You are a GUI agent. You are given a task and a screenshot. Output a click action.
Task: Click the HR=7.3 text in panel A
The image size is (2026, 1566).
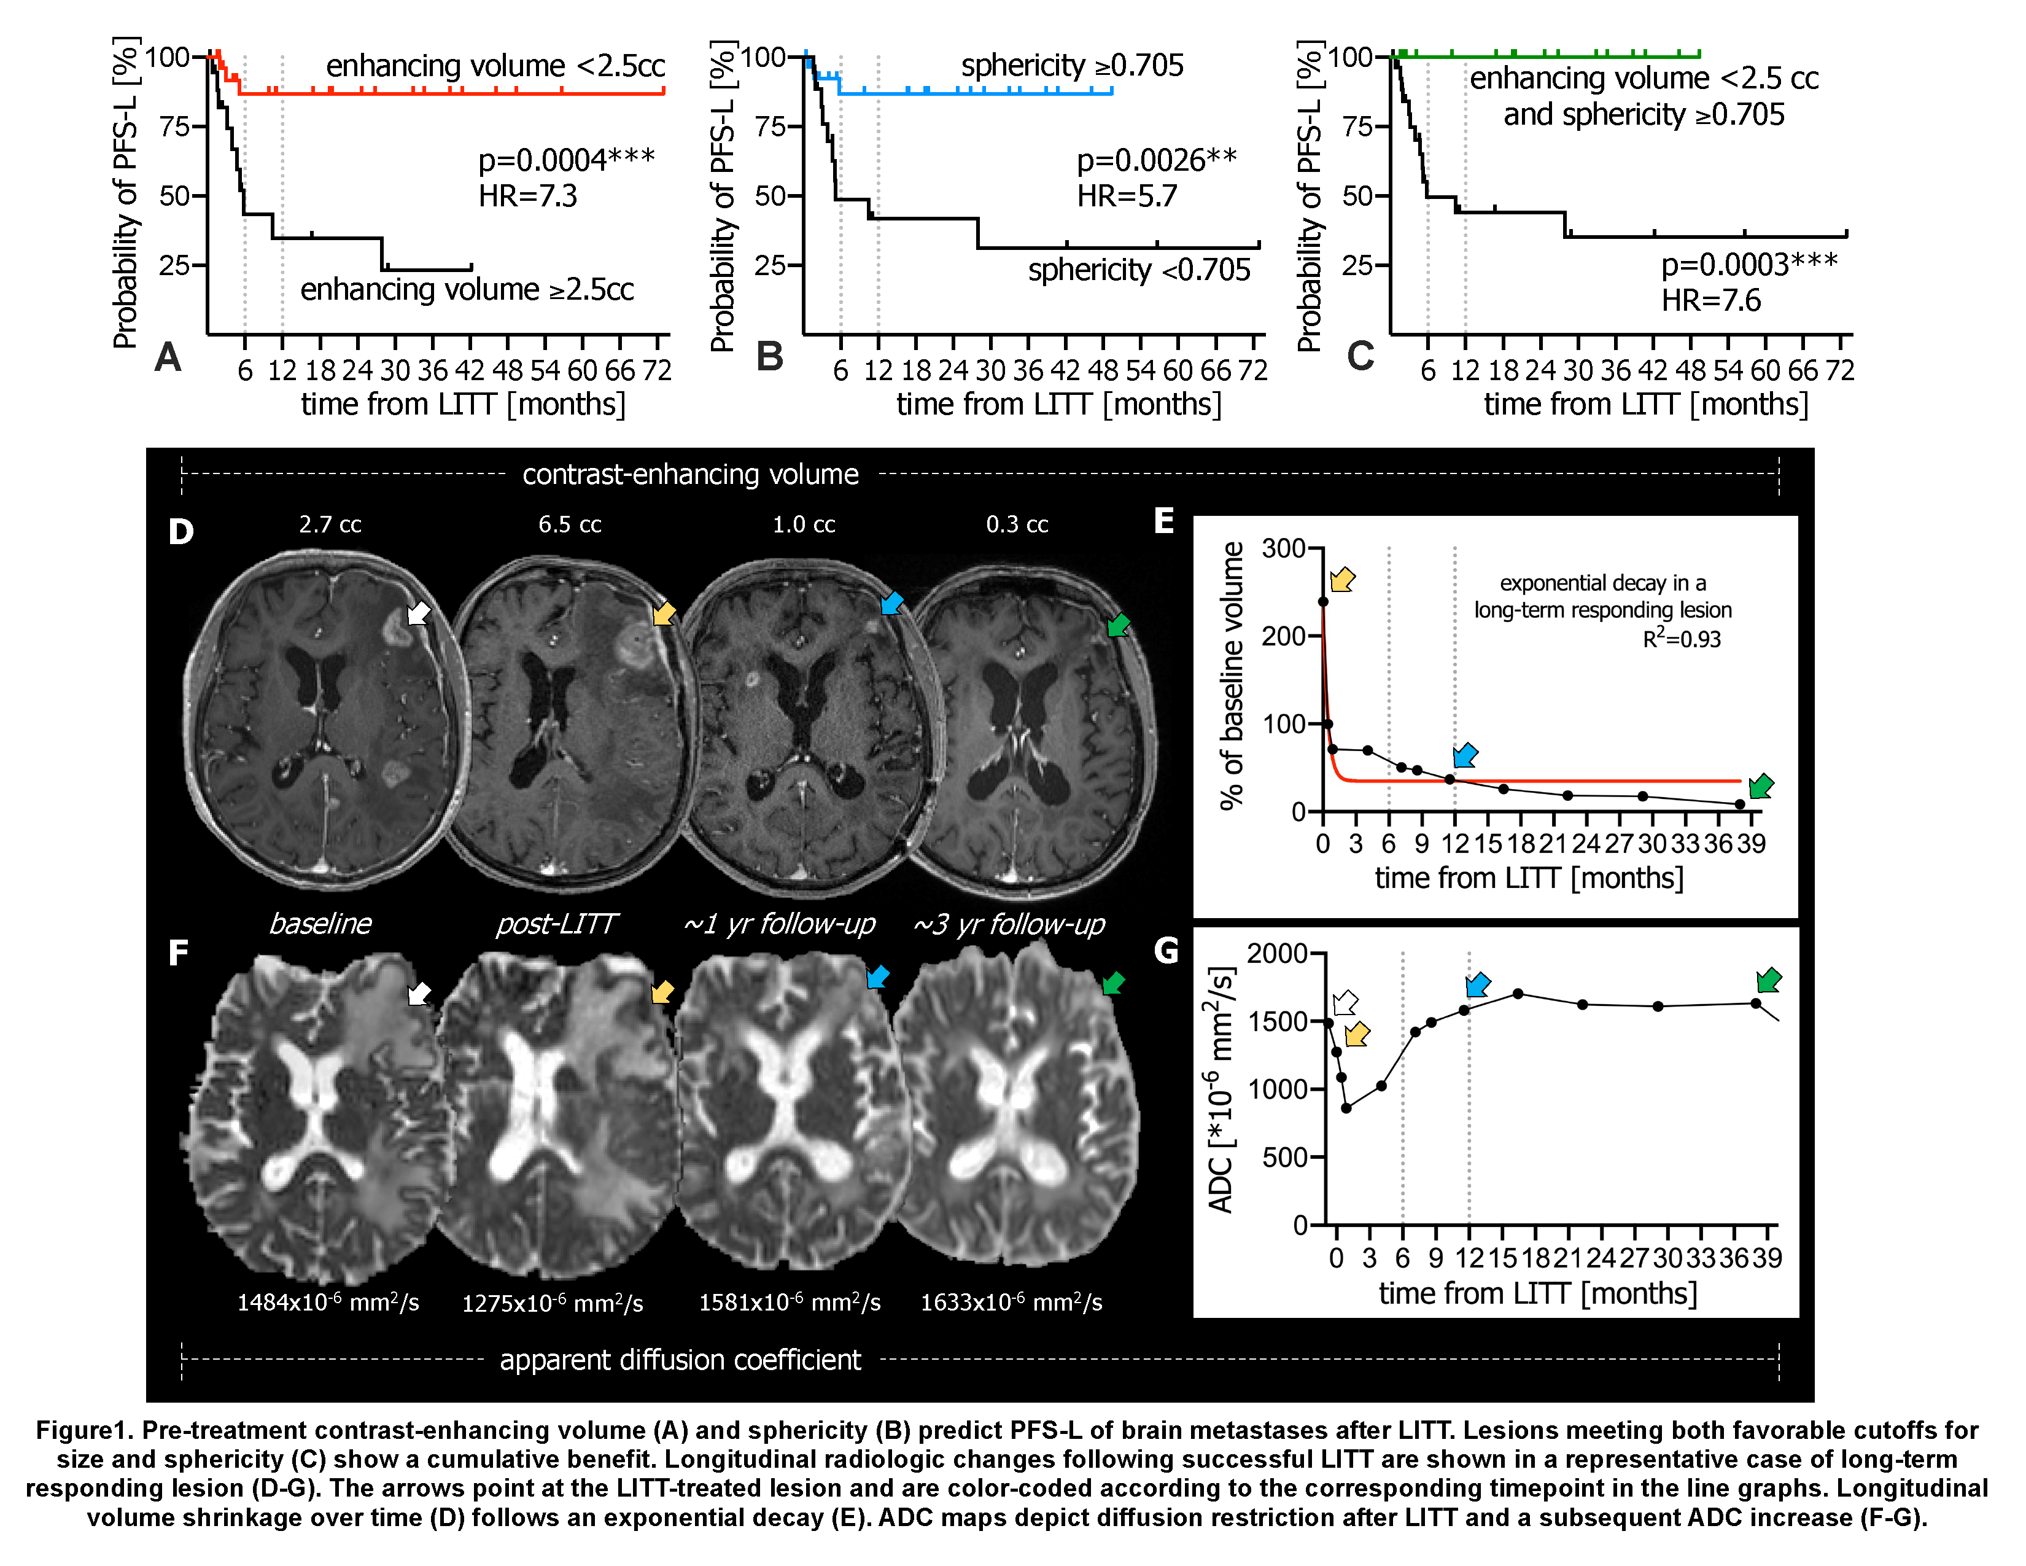click(527, 196)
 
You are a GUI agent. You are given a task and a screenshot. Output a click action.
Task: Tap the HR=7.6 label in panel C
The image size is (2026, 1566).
click(1710, 300)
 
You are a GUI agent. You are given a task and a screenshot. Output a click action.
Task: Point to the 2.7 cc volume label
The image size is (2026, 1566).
click(329, 524)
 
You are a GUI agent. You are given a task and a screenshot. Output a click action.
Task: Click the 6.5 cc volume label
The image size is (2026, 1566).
click(570, 524)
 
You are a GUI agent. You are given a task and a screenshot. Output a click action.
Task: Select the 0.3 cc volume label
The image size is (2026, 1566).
click(1017, 524)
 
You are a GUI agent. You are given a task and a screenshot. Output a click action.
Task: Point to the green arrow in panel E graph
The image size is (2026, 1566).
click(1760, 786)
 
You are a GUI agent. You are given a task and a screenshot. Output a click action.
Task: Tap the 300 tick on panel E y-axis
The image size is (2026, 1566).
click(1283, 548)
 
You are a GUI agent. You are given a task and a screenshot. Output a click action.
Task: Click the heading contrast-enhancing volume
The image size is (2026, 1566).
click(690, 474)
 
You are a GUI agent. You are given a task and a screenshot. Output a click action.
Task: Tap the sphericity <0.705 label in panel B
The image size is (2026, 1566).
click(1138, 270)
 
